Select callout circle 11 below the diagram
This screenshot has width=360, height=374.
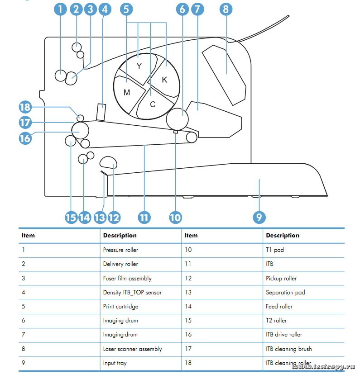pyautogui.click(x=144, y=217)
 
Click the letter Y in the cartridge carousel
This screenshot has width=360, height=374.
pyautogui.click(x=139, y=66)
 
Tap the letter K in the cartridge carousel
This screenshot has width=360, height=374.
pyautogui.click(x=164, y=80)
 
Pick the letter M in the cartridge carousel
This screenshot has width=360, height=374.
pyautogui.click(x=127, y=93)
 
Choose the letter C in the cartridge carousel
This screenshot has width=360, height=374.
pyautogui.click(x=153, y=104)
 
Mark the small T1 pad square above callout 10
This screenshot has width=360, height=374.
pyautogui.click(x=176, y=132)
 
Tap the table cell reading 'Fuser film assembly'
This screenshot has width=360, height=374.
pyautogui.click(x=127, y=278)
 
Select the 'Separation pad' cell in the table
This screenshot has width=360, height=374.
pyautogui.click(x=285, y=292)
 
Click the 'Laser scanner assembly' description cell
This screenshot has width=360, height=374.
pyautogui.click(x=132, y=349)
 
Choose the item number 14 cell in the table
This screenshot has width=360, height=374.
pyautogui.click(x=188, y=306)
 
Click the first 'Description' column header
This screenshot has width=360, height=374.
pyautogui.click(x=120, y=235)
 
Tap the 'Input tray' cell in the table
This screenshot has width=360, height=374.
pyautogui.click(x=115, y=363)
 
